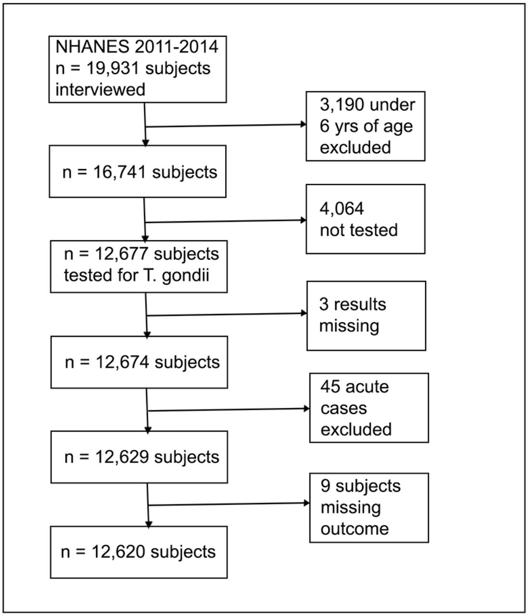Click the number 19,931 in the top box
(x=113, y=68)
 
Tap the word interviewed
(x=100, y=90)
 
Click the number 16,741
(x=120, y=173)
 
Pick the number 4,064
(x=342, y=208)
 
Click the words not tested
(x=359, y=230)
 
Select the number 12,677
(x=122, y=254)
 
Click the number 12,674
(x=122, y=363)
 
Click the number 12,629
(x=122, y=458)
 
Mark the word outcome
(x=355, y=529)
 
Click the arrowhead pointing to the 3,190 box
(x=304, y=124)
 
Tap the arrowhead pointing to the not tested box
(x=304, y=220)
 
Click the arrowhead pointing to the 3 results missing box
(x=304, y=313)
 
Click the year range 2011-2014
(x=177, y=47)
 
